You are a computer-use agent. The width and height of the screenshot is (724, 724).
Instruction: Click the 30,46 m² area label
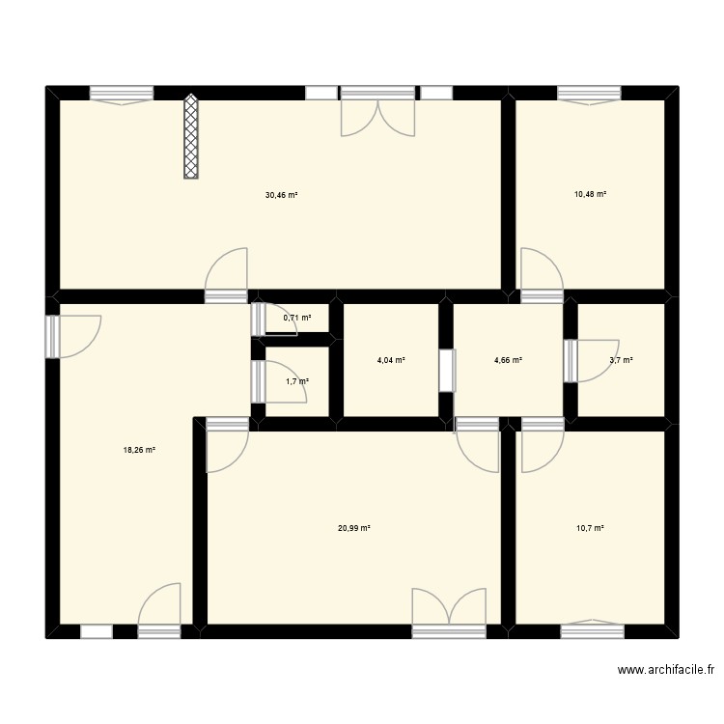(281, 195)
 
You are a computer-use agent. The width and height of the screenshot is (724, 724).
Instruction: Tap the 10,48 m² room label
(590, 195)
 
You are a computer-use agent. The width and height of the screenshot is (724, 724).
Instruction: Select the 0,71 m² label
(296, 318)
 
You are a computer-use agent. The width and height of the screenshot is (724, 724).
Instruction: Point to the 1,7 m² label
(297, 381)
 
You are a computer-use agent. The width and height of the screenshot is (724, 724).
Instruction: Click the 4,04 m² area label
(390, 360)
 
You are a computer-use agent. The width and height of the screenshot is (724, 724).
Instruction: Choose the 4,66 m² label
(508, 360)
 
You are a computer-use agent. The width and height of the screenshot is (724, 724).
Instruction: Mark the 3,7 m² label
(621, 360)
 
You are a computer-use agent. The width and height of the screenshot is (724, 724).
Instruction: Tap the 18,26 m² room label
(139, 450)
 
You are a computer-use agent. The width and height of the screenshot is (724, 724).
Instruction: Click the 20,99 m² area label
(354, 528)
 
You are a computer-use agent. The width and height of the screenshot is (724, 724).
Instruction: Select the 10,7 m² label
(590, 528)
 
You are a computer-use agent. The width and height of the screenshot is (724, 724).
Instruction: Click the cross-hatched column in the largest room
(191, 136)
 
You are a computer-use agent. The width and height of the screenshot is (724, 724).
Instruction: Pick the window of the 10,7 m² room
(591, 631)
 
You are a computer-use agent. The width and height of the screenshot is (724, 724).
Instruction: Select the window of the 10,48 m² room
(589, 94)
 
